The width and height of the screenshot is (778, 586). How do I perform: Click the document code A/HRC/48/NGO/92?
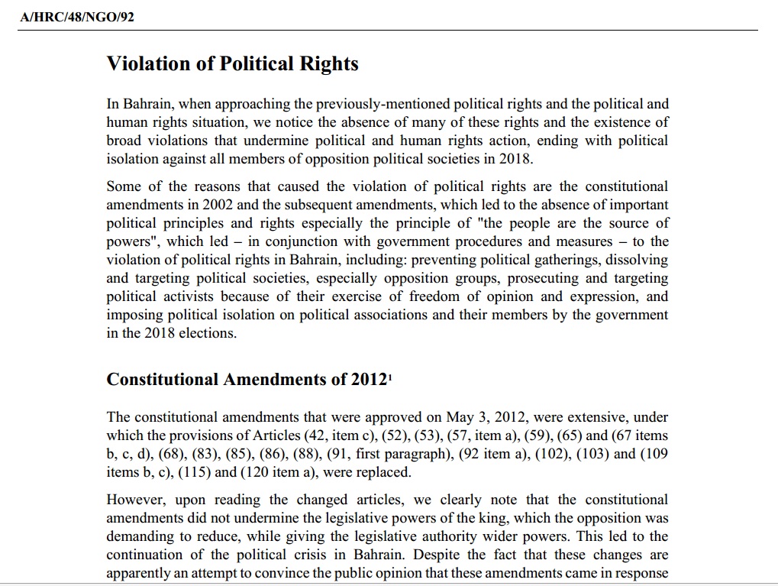point(77,17)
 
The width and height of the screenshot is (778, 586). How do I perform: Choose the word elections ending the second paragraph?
point(208,333)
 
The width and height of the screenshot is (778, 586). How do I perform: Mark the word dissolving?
point(638,260)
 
